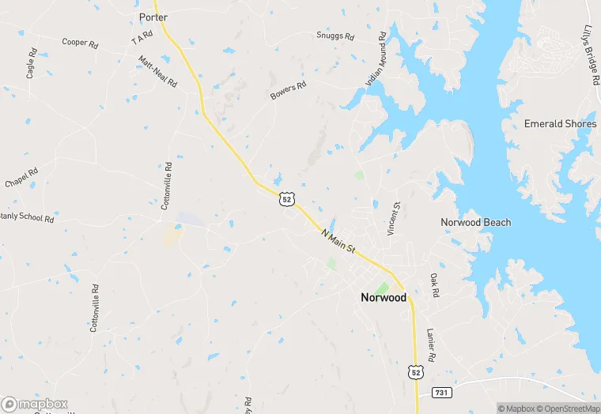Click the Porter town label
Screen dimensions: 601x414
153,17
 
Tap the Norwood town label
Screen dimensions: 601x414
384,298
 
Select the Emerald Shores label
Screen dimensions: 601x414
560,124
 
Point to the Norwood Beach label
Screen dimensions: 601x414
475,223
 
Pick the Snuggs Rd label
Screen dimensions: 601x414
335,36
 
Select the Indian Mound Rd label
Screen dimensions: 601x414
375,59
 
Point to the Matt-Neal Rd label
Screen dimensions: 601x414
157,71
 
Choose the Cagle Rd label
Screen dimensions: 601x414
32,63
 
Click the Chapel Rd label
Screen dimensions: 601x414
21,179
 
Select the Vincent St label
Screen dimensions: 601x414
394,218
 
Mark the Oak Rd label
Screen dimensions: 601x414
434,285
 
